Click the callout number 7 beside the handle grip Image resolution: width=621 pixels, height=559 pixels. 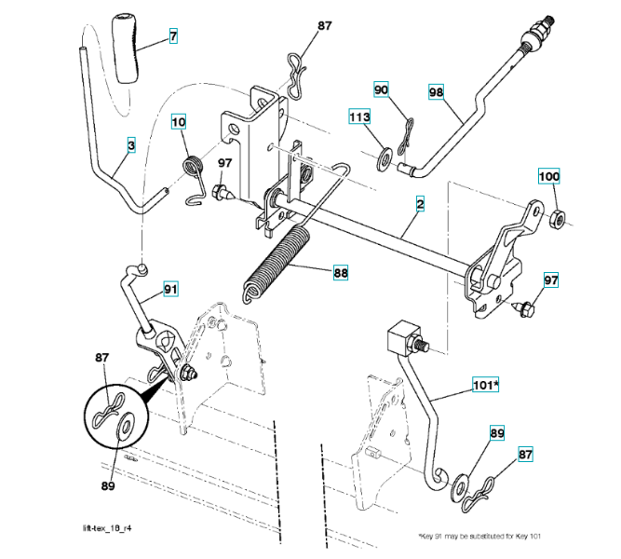coord(173,36)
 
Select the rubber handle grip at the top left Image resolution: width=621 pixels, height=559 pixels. coord(126,48)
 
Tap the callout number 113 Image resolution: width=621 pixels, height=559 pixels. coord(359,116)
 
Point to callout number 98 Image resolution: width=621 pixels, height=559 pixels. coord(436,92)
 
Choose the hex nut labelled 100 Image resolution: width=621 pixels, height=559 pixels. coord(558,219)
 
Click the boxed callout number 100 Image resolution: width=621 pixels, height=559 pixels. coord(548,176)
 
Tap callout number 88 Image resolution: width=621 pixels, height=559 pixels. coord(341,272)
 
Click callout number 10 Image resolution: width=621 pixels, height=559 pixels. coord(178,121)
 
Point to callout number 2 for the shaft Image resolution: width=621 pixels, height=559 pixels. coord(420,203)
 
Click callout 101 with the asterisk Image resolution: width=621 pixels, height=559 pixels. coord(486,384)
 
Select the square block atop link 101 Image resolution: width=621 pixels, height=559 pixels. coord(402,339)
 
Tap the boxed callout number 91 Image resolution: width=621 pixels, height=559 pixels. coord(170,289)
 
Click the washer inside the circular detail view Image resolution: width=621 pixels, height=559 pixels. coord(126,428)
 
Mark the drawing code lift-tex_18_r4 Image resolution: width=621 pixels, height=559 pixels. coord(107,528)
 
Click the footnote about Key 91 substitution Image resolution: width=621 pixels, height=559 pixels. coord(479,536)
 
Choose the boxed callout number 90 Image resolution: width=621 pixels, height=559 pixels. coord(381,89)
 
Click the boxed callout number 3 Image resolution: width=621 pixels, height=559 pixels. coord(131,144)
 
